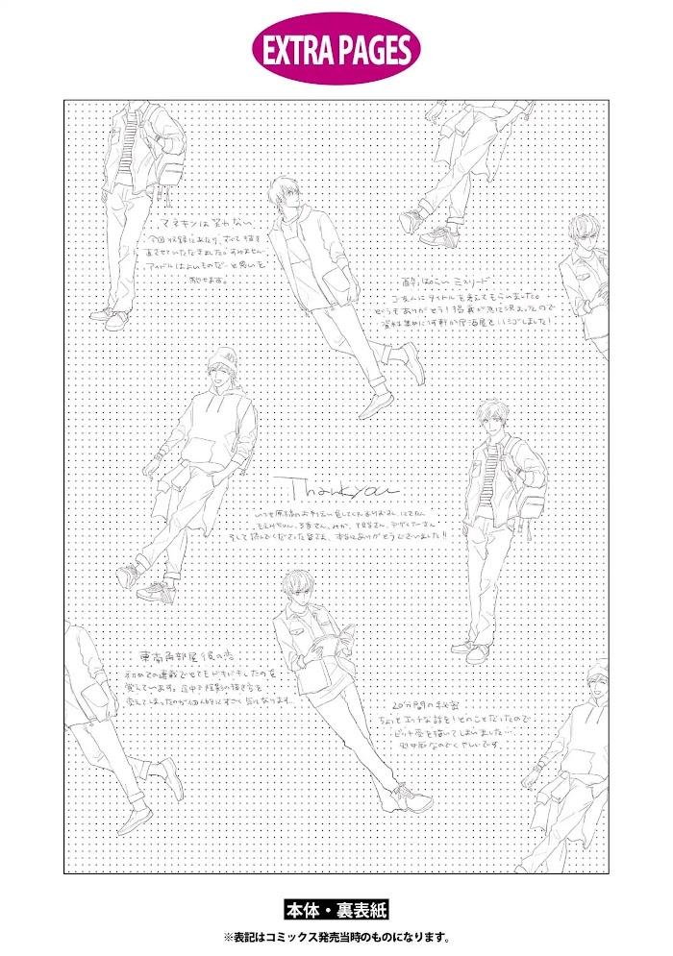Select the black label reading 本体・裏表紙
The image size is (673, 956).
coord(336,909)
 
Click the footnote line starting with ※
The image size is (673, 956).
coord(336,936)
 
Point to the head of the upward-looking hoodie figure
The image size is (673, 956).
coord(285,191)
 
